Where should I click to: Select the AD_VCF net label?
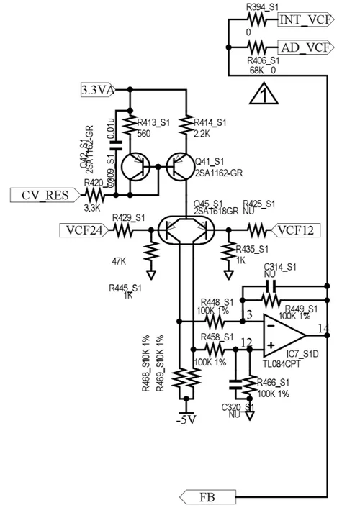[x=303, y=47]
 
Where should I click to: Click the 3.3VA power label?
[x=98, y=90]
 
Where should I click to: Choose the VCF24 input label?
[x=83, y=230]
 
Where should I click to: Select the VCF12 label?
[x=296, y=230]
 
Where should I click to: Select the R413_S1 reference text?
[x=152, y=123]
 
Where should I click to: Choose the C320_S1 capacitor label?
[x=238, y=407]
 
